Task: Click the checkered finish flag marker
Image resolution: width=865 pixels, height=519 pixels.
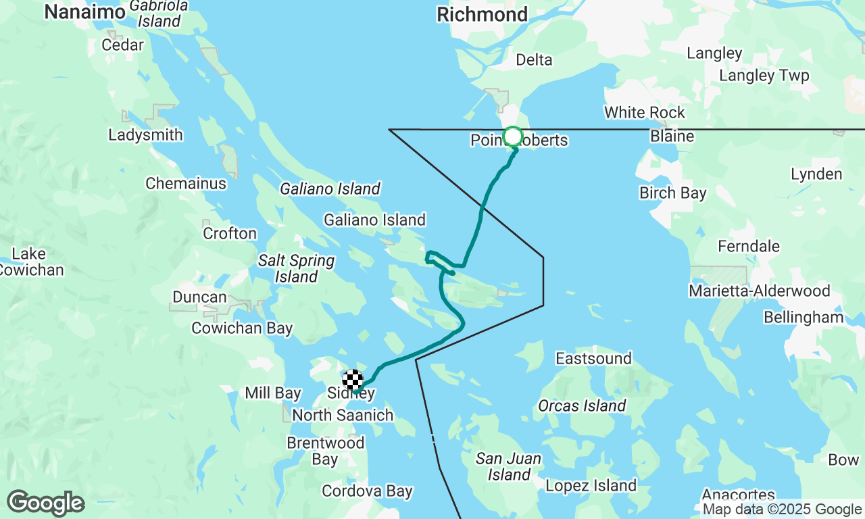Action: [x=353, y=380]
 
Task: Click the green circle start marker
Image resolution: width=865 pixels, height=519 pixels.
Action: [x=513, y=137]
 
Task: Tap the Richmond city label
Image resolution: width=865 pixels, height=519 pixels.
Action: [x=483, y=14]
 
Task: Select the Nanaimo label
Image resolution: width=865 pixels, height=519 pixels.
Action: [x=84, y=11]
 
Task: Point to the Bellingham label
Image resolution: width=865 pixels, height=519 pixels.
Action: [x=804, y=317]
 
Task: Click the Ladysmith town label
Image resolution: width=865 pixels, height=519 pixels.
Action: [x=145, y=134]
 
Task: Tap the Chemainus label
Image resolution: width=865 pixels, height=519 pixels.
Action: [x=186, y=183]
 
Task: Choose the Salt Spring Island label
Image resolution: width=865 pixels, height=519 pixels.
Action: [x=296, y=268]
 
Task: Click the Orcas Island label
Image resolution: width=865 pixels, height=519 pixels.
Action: [x=582, y=405]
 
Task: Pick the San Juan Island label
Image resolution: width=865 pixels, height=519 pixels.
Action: [x=509, y=467]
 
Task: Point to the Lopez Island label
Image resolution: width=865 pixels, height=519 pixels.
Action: [x=591, y=485]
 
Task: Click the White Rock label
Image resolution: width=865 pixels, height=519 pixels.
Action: [x=645, y=112]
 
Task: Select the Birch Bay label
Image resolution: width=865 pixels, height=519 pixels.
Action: [x=673, y=193]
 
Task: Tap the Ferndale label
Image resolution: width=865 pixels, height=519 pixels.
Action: [x=749, y=246]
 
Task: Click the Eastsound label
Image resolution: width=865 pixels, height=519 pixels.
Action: [x=594, y=358]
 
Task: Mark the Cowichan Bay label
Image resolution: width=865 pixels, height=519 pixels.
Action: [x=242, y=328]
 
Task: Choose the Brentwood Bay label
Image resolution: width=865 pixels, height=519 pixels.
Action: [x=326, y=451]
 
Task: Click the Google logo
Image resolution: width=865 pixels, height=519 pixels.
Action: [x=45, y=503]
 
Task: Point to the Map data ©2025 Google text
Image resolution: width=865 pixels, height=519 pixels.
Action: [x=782, y=510]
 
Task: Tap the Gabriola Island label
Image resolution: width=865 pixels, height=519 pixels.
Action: [x=159, y=13]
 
